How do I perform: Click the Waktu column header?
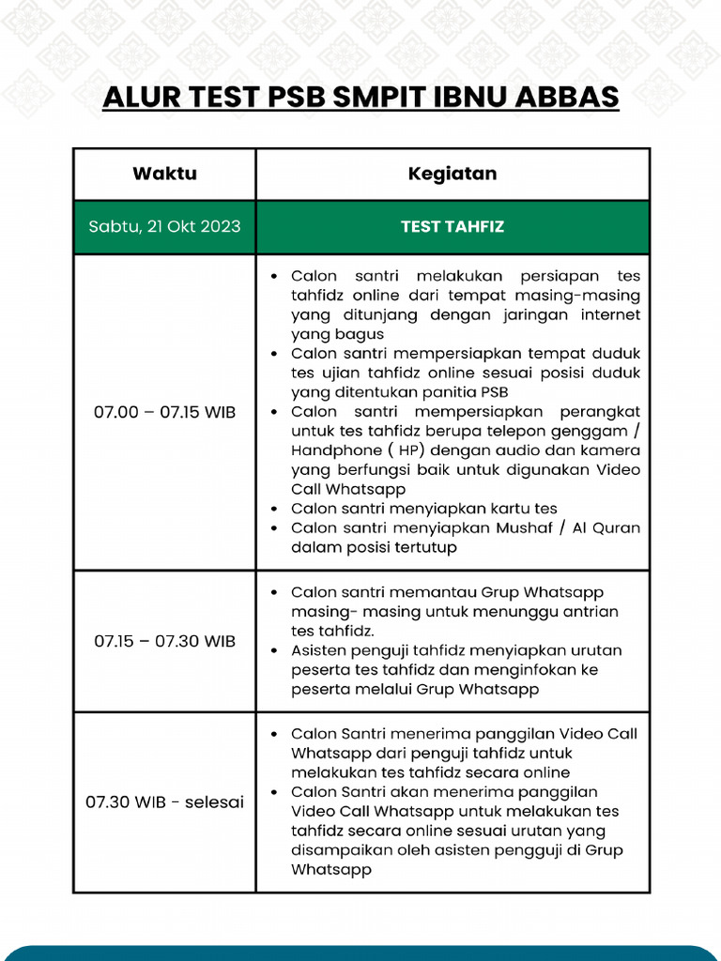164,174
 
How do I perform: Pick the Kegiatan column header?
453,174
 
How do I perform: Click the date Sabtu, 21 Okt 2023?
164,226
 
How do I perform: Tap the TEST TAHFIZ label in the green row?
453,226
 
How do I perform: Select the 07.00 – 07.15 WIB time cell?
164,412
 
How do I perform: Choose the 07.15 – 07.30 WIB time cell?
164,641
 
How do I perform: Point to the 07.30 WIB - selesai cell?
164,802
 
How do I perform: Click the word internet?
609,315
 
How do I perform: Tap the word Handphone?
330,450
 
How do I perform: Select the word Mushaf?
521,527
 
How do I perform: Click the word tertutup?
426,547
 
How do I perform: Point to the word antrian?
590,612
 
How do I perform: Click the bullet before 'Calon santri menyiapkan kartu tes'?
273,509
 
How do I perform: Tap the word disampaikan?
337,850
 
